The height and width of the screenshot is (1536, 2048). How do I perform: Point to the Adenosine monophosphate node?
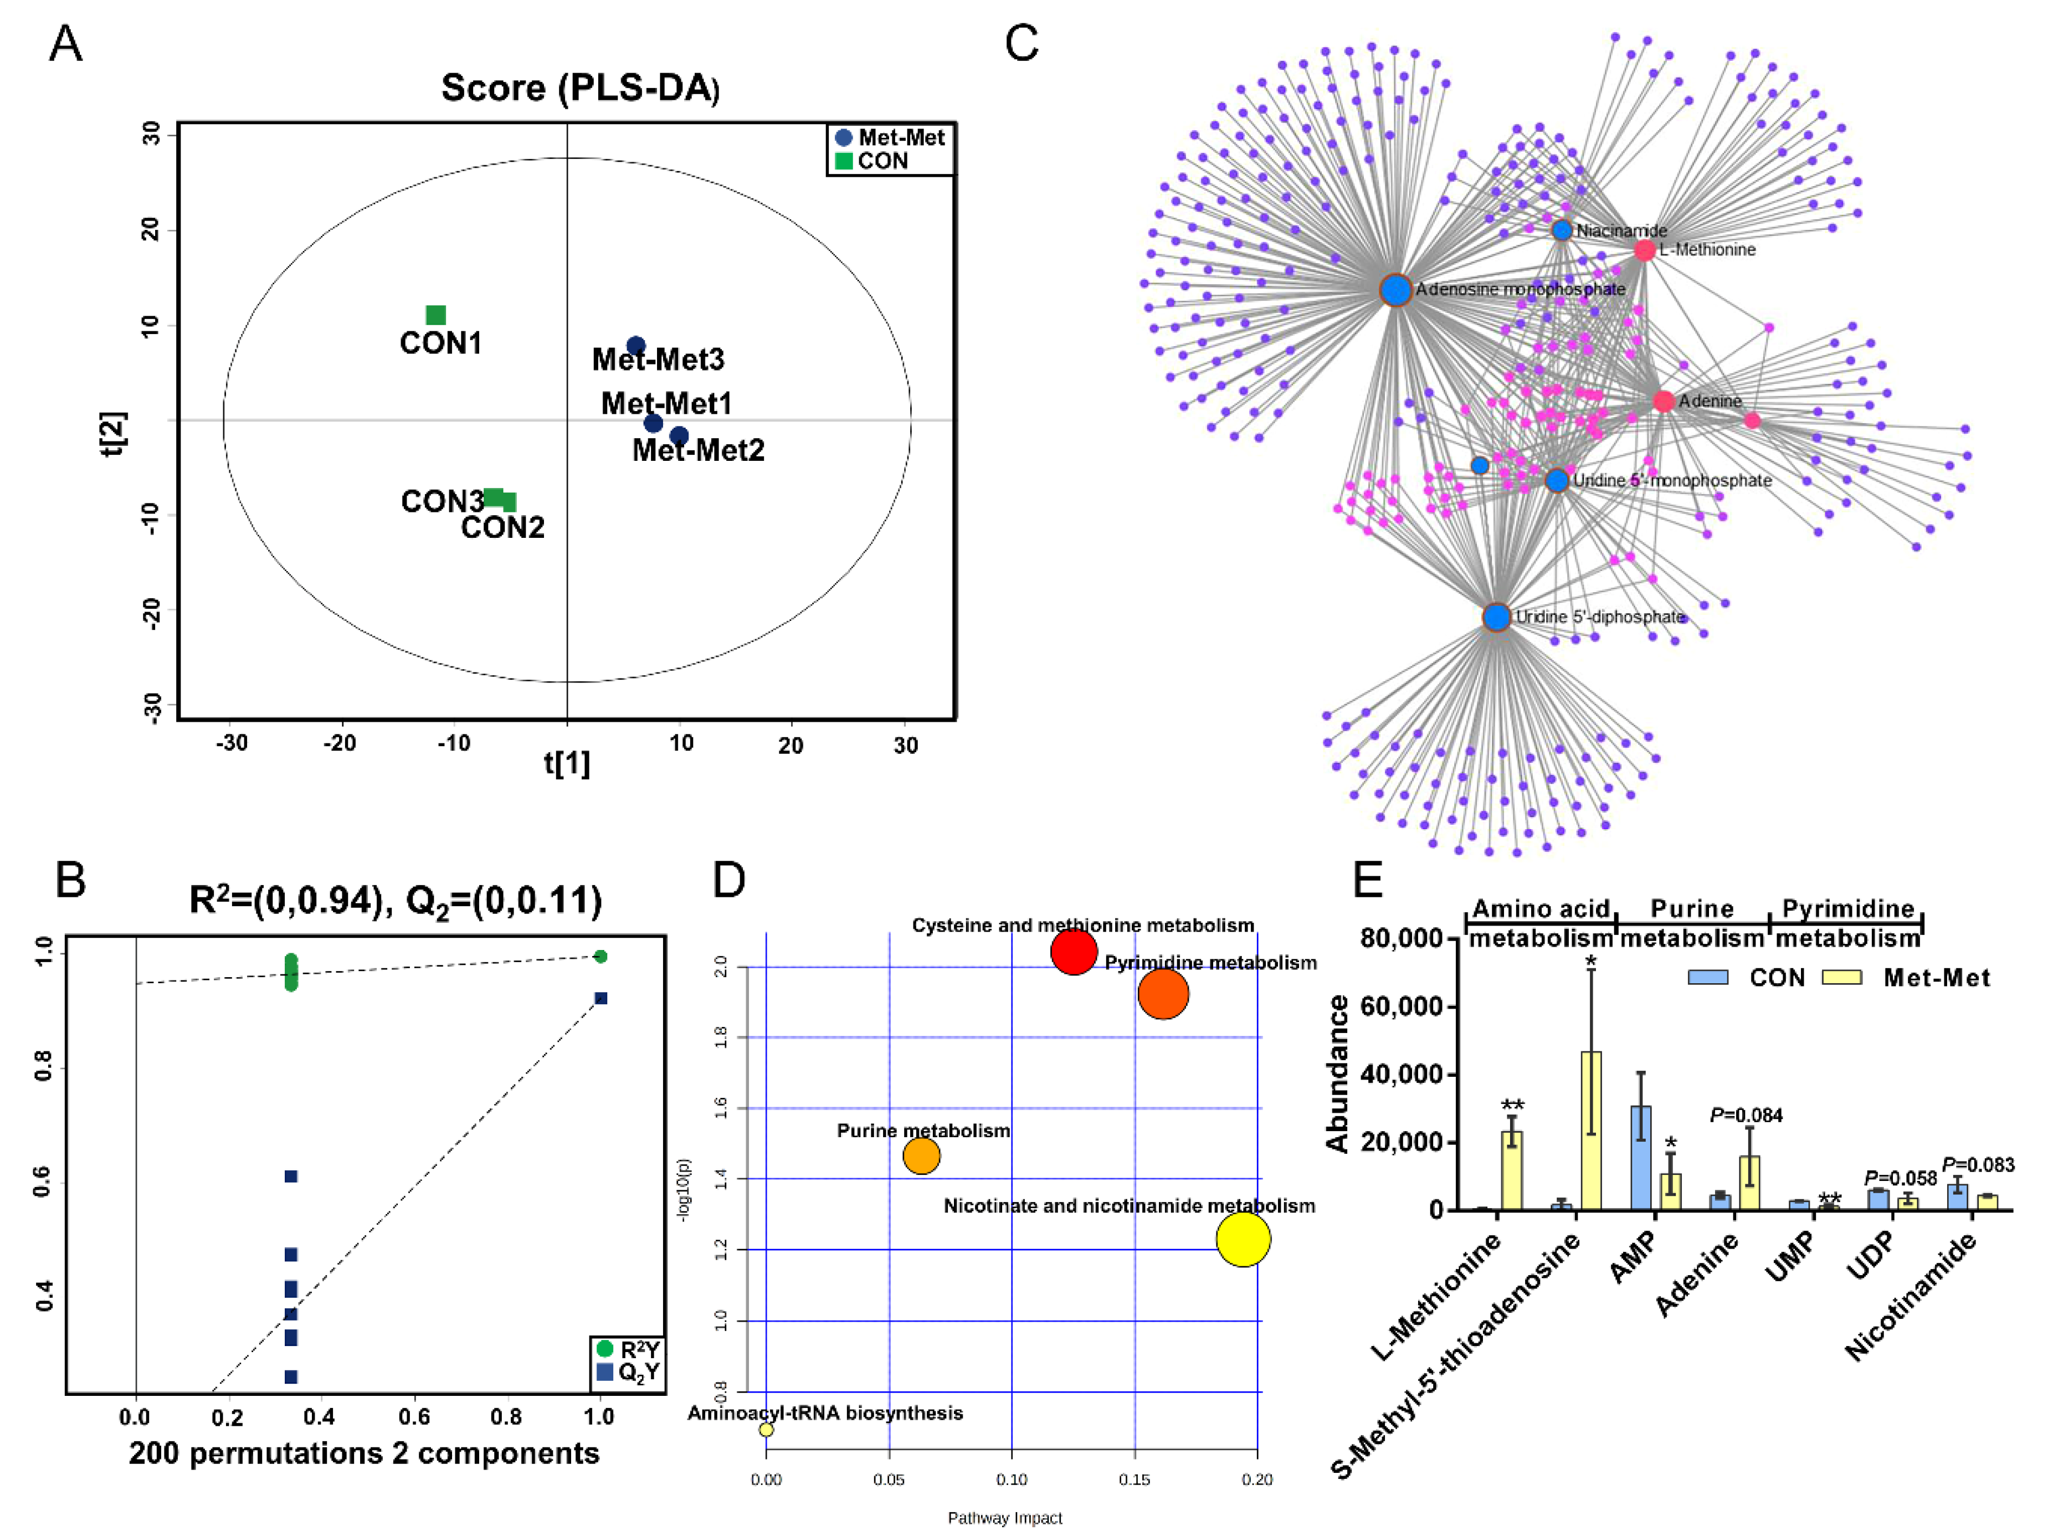coord(1395,290)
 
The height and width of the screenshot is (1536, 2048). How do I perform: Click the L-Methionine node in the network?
coord(1644,250)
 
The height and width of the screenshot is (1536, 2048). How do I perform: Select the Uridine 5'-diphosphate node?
coord(1496,617)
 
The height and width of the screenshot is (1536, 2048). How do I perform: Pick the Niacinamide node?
coord(1562,230)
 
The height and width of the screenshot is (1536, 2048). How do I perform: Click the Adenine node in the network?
coord(1663,401)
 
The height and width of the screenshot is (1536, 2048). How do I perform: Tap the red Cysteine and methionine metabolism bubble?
coord(1074,951)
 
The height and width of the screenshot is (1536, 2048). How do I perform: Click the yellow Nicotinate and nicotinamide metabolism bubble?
coord(1243,1239)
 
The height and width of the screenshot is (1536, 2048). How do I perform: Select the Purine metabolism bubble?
coord(921,1155)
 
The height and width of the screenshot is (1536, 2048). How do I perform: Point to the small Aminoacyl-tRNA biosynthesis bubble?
coord(766,1430)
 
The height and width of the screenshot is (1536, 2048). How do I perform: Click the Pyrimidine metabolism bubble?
coord(1163,994)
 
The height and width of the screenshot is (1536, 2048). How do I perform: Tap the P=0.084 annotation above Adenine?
coord(1746,1114)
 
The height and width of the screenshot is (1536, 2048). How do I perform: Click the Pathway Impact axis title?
coord(1004,1518)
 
